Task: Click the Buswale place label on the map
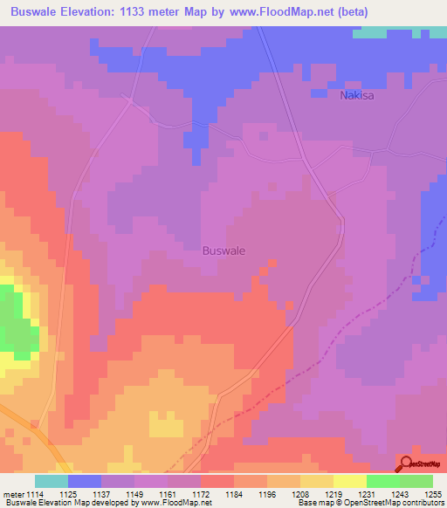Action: click(x=223, y=251)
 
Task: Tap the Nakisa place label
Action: click(x=356, y=95)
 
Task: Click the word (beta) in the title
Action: click(x=347, y=12)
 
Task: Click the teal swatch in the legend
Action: click(x=52, y=481)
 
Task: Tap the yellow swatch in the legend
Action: click(x=350, y=481)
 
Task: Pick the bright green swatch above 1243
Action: click(x=383, y=481)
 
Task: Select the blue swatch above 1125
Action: click(x=85, y=481)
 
